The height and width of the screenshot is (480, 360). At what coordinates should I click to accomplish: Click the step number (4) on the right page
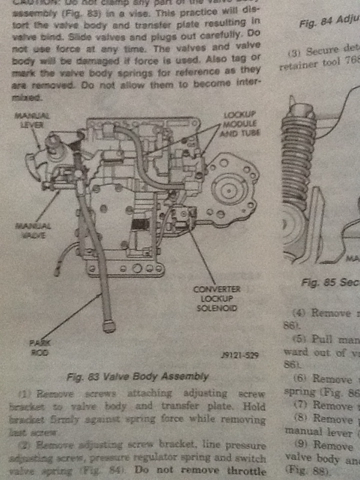(x=299, y=313)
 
